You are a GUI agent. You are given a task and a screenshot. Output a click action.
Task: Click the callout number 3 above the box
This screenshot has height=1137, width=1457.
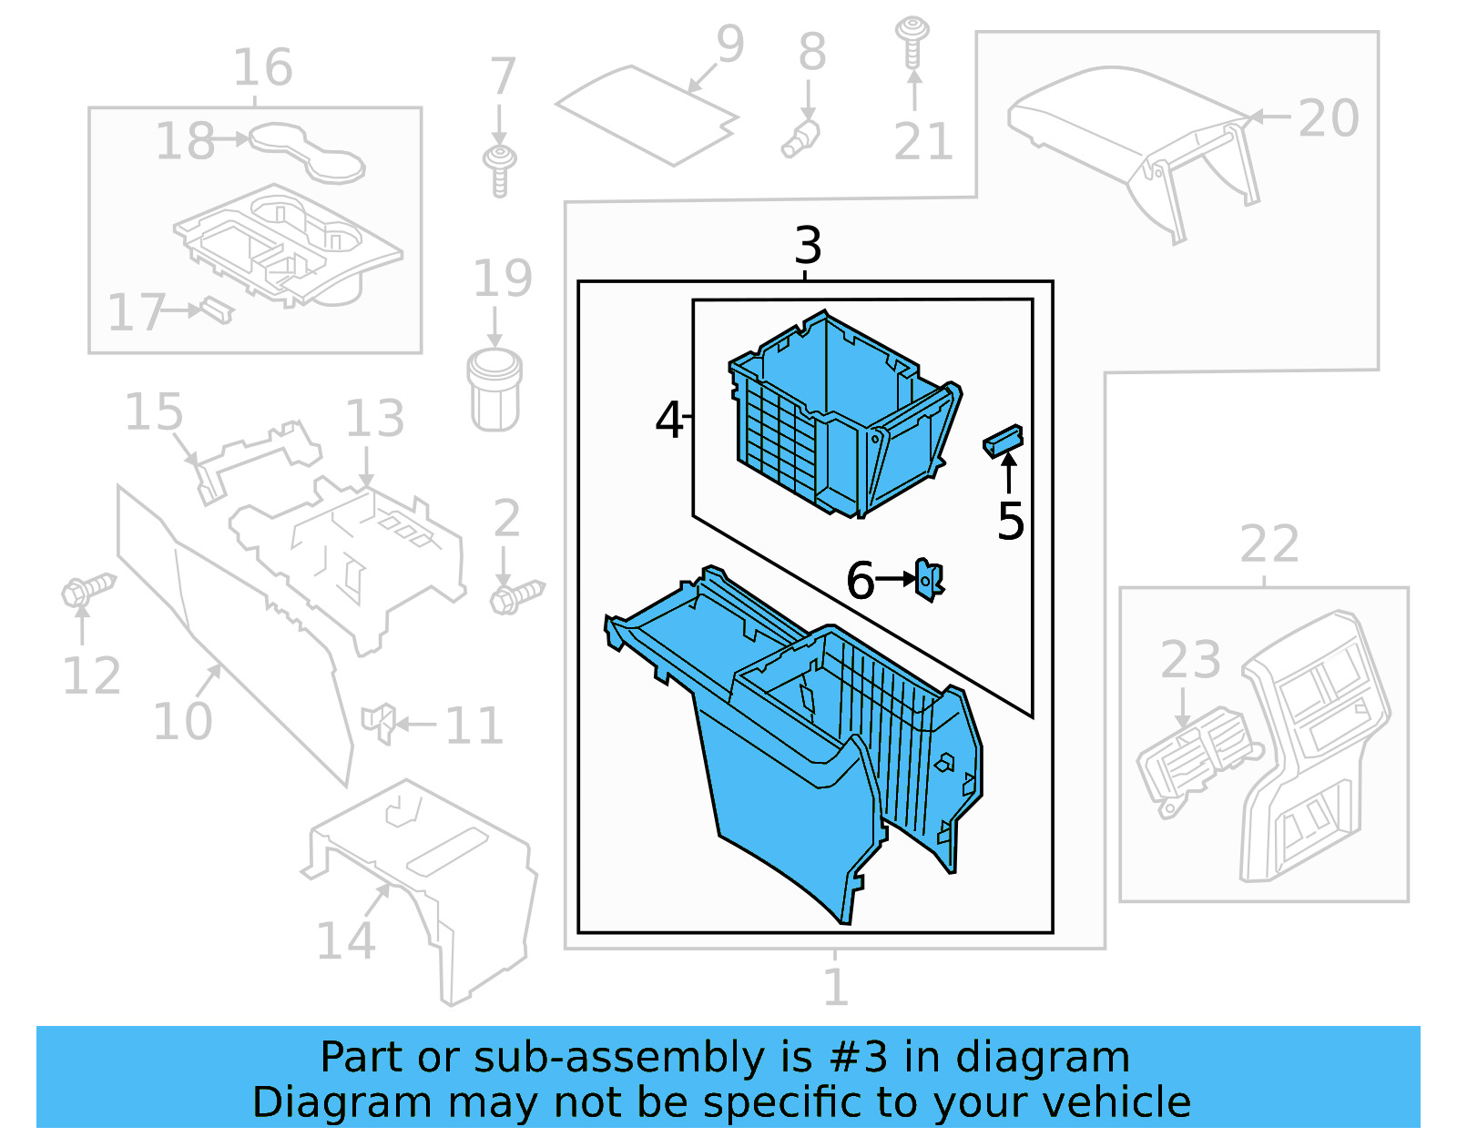(808, 246)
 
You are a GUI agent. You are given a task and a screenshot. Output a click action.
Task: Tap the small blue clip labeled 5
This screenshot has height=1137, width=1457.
(1003, 441)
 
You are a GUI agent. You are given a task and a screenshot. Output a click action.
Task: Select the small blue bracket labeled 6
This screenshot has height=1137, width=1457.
(928, 579)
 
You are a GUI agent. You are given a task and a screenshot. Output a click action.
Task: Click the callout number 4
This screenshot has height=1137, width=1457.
(669, 420)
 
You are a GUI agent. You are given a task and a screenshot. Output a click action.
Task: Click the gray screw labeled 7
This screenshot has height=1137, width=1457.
(499, 169)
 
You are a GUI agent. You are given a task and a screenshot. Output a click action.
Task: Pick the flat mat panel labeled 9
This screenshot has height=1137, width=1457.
(647, 117)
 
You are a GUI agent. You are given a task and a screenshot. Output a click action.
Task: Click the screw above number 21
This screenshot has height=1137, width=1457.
(912, 40)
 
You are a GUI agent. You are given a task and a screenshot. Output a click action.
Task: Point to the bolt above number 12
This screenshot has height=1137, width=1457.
(87, 589)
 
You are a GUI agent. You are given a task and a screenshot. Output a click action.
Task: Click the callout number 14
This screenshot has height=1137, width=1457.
(345, 940)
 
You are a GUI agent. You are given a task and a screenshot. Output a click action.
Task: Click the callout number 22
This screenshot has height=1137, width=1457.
(1269, 544)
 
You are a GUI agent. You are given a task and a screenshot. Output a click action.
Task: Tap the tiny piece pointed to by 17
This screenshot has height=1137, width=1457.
(217, 309)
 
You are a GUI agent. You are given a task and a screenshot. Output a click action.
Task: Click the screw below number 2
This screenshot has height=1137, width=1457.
(515, 597)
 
